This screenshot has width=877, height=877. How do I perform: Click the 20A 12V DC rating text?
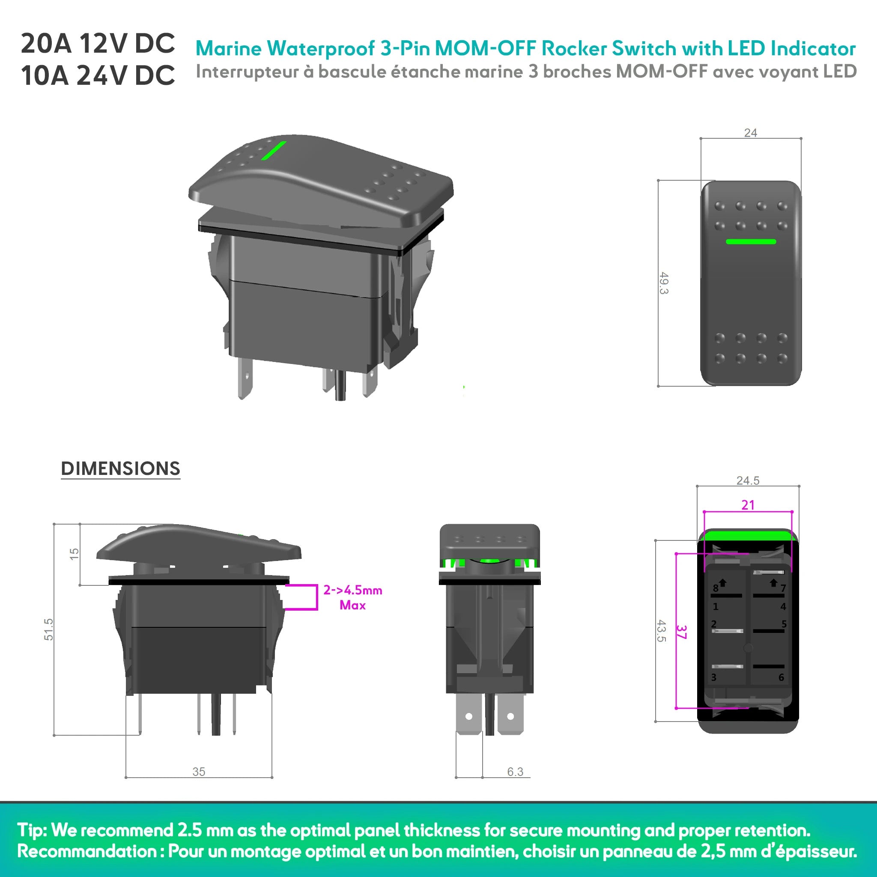pos(98,44)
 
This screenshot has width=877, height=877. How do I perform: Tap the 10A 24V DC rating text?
pos(98,75)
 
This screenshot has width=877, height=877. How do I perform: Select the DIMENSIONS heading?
pos(120,468)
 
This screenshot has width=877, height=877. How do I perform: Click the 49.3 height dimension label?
pos(663,283)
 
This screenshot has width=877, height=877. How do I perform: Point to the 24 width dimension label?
pos(750,133)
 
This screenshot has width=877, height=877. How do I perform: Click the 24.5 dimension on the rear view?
pos(748,480)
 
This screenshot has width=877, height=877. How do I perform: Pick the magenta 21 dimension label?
pos(748,505)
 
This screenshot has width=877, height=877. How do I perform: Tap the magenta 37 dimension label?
pos(681,632)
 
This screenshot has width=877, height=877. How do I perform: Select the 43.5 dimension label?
pos(661,631)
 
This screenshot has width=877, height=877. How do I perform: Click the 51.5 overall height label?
pos(48,629)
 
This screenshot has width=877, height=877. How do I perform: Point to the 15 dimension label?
pos(74,554)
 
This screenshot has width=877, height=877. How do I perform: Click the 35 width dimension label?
pos(198,772)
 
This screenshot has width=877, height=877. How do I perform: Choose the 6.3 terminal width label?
pos(515,772)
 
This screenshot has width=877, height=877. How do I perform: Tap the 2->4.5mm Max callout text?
pos(352,597)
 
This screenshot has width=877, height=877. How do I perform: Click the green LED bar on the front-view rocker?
pos(751,242)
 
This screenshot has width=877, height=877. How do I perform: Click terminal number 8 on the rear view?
pos(716,588)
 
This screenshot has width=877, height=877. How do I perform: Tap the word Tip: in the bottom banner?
pos(32,830)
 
